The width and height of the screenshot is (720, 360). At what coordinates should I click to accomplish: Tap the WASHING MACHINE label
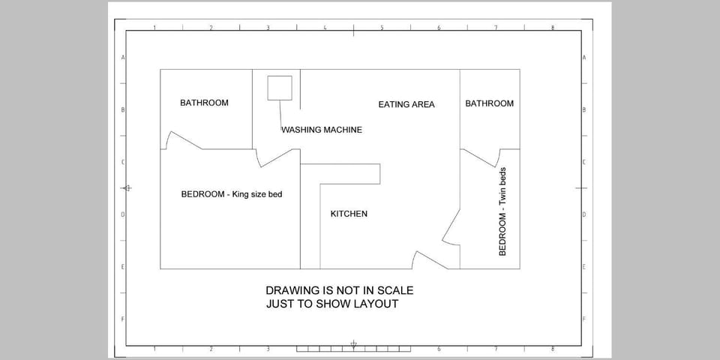[322, 130]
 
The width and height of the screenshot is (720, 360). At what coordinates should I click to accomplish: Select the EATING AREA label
[406, 105]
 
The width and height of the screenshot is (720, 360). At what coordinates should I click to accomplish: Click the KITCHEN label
[349, 214]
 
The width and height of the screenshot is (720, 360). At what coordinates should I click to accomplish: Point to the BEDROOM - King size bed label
[232, 194]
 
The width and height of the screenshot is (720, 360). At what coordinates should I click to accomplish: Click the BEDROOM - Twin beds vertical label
[502, 211]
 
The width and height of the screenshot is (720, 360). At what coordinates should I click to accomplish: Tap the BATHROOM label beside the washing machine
[204, 103]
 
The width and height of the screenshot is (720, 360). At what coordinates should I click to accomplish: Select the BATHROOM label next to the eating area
[490, 103]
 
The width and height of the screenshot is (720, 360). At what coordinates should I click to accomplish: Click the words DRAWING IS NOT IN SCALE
[340, 291]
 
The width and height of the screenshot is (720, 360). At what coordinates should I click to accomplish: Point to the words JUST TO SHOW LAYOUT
[332, 304]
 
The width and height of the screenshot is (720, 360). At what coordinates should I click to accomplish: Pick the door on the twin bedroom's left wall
[451, 227]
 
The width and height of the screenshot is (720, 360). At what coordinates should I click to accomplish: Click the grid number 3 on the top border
[268, 28]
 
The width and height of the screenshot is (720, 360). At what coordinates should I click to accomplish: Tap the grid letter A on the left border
[123, 58]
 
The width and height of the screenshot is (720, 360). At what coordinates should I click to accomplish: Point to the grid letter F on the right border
[584, 319]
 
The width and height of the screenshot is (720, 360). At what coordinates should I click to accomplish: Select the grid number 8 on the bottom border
[553, 349]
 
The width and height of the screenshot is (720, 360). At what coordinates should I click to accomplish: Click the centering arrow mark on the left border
[127, 187]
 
